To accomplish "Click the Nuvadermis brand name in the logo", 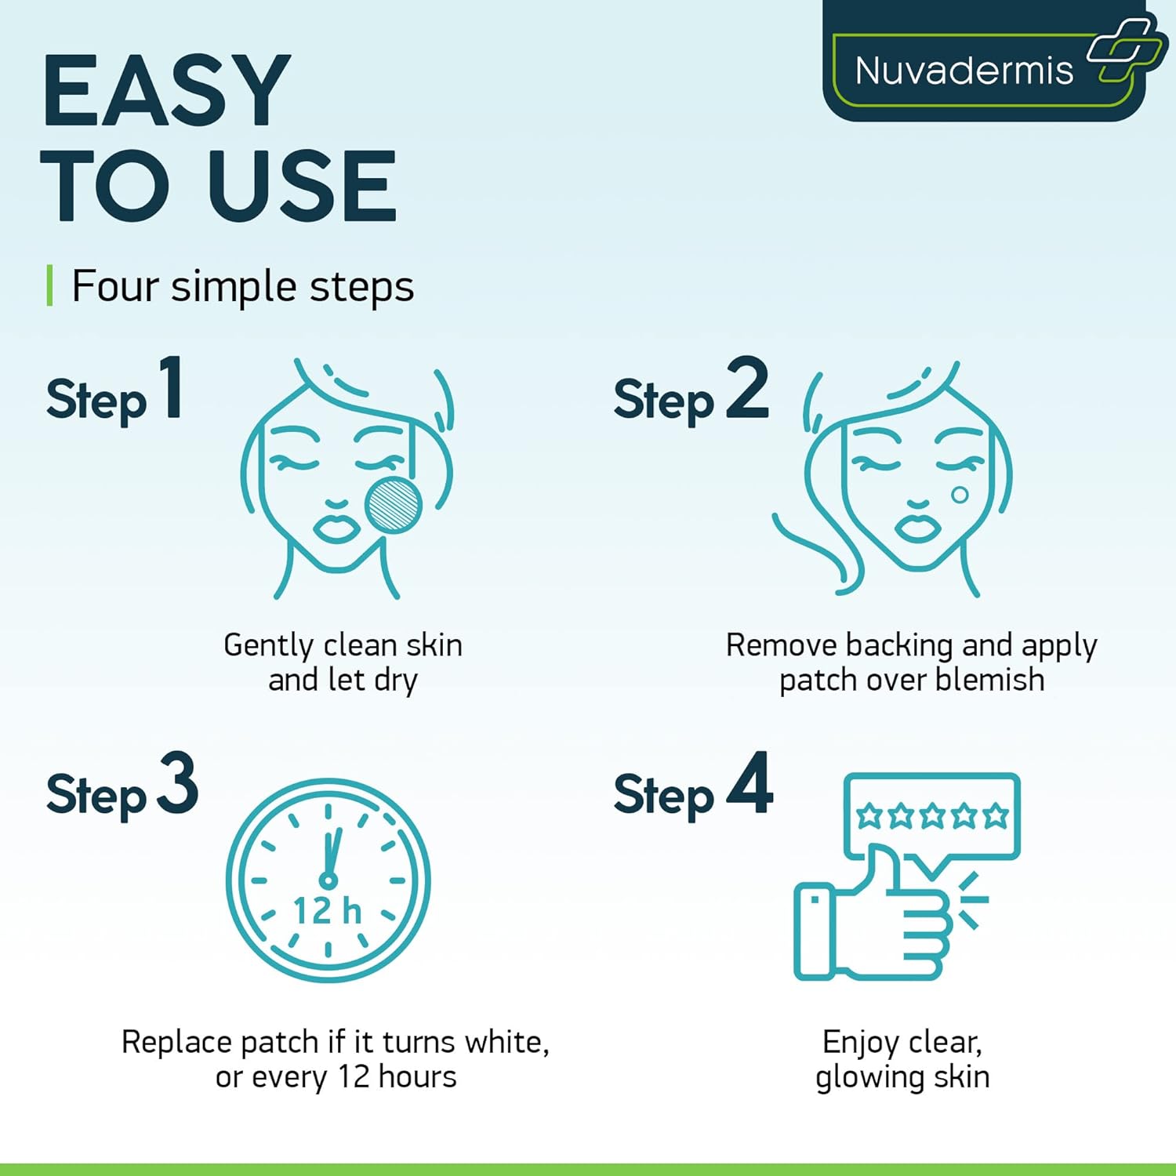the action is click(964, 71).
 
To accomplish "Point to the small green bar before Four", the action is click(49, 285).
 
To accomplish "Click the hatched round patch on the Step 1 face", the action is click(394, 505).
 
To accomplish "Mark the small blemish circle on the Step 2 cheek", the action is click(960, 495).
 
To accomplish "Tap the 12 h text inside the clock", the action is click(328, 912).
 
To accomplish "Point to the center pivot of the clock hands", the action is click(328, 880).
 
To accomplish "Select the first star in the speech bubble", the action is click(869, 815).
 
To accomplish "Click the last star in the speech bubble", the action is click(996, 815).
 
